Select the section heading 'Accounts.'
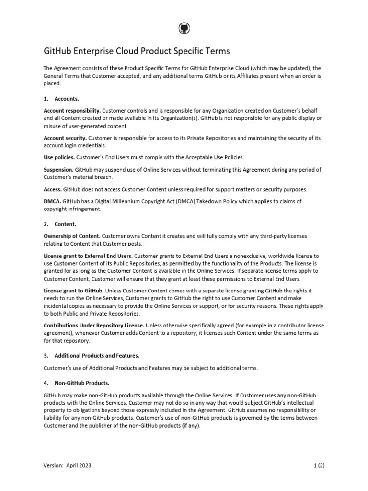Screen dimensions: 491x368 click(67, 99)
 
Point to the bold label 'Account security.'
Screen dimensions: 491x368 click(65, 138)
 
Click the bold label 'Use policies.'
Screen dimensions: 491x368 click(59, 157)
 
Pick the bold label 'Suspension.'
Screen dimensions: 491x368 click(59, 169)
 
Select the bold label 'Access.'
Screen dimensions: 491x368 click(53, 189)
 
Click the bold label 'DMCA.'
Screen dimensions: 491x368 click(52, 201)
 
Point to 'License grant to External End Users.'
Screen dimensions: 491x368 click(88, 256)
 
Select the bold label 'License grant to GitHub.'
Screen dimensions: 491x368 click(73, 291)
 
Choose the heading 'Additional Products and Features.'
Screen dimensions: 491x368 click(97, 355)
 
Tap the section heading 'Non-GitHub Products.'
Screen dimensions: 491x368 click(82, 383)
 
